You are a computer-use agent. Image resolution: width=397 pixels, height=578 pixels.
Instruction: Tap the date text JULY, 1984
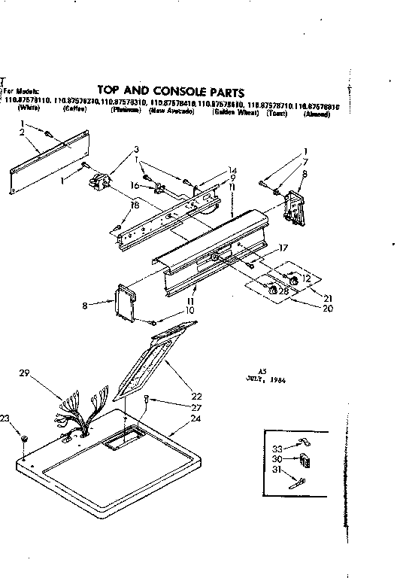tap(268, 381)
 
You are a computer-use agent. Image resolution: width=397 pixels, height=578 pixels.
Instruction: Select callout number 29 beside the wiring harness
tap(24, 373)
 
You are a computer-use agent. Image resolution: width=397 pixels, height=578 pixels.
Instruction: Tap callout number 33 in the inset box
tap(277, 449)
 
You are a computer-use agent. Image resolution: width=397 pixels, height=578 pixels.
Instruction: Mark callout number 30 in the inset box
tap(277, 459)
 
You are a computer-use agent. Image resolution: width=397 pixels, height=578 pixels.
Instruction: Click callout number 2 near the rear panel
tap(23, 132)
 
